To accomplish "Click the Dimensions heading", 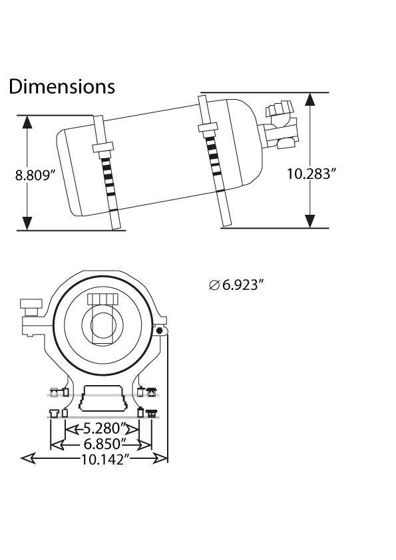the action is coord(62,86).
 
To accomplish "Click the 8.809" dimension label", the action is coord(36,176).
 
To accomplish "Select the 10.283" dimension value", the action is coord(312,174).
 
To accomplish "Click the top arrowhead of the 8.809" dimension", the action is coord(27,122).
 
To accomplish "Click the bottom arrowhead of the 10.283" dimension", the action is coord(310,221).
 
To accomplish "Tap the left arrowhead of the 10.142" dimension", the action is coord(28,458).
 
